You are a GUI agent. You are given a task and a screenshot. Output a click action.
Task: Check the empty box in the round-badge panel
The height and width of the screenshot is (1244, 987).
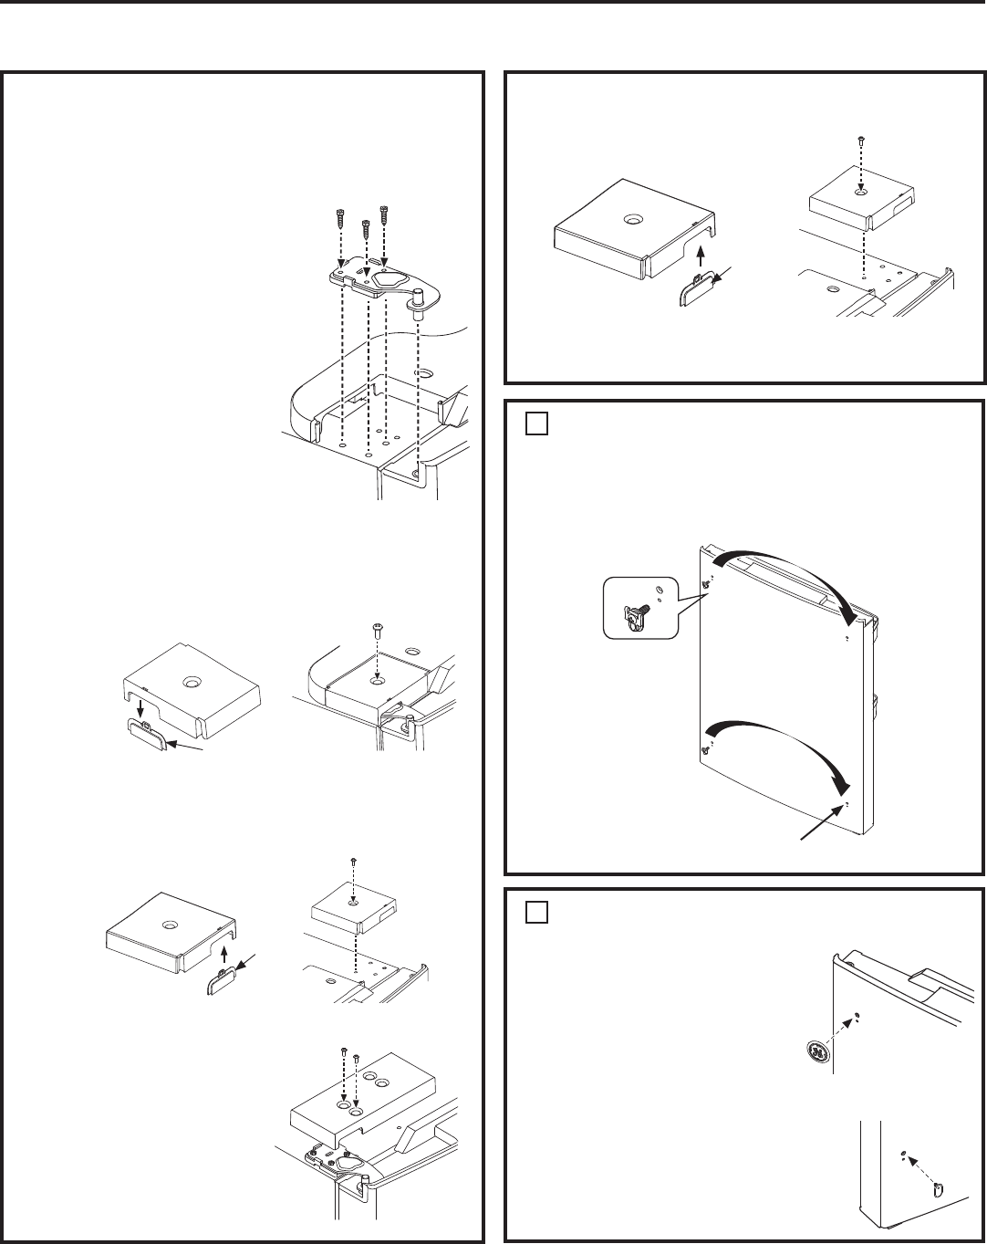[x=535, y=914]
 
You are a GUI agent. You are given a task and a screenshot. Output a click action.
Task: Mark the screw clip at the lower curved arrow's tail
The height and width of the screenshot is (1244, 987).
[x=705, y=749]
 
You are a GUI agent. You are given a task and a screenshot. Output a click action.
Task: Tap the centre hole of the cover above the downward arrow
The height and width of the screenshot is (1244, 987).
[x=192, y=681]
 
